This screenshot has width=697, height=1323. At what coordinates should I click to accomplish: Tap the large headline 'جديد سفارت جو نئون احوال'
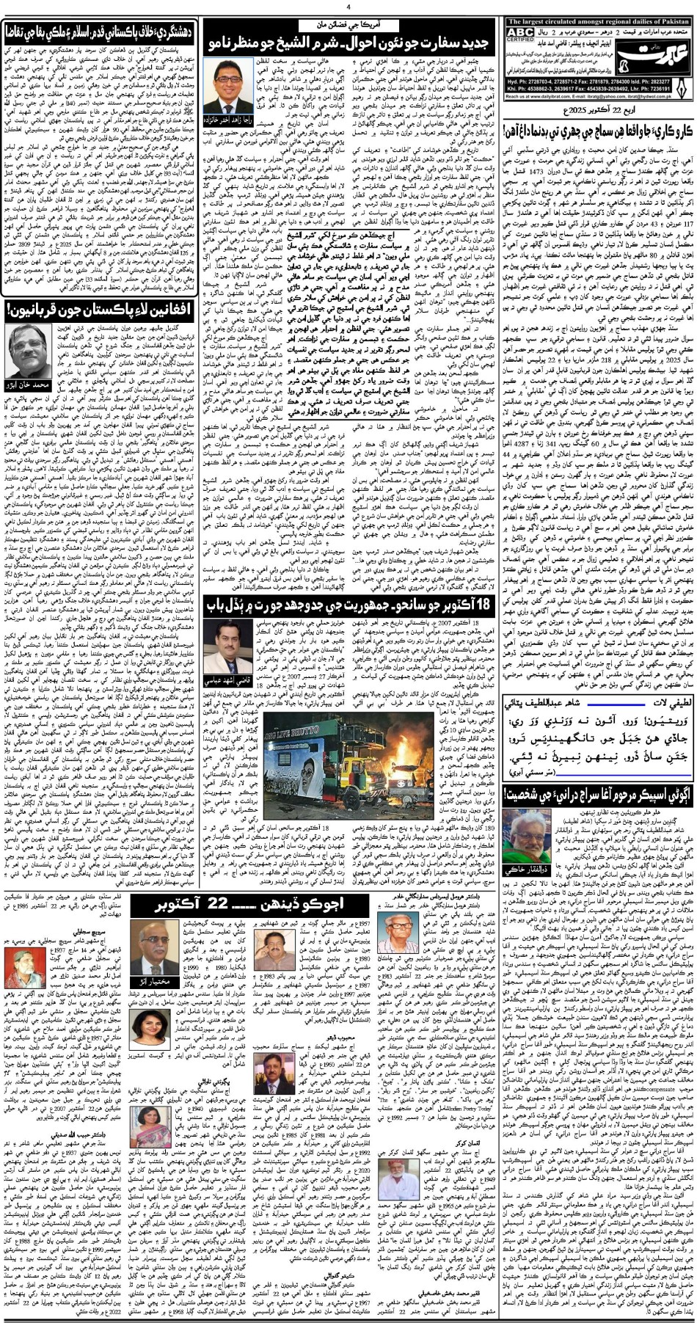point(352,40)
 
